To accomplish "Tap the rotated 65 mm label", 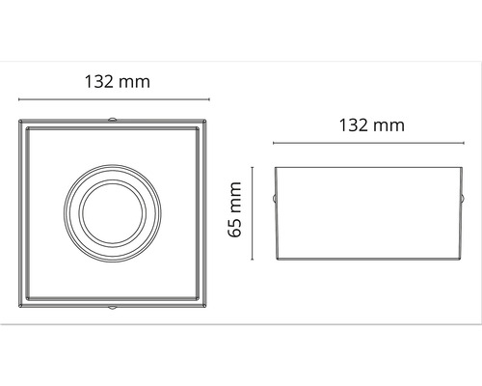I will [x=236, y=212].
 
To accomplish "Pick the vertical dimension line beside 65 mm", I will [x=254, y=213].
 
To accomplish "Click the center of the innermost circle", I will [x=111, y=213].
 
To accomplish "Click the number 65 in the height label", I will [x=236, y=230].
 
